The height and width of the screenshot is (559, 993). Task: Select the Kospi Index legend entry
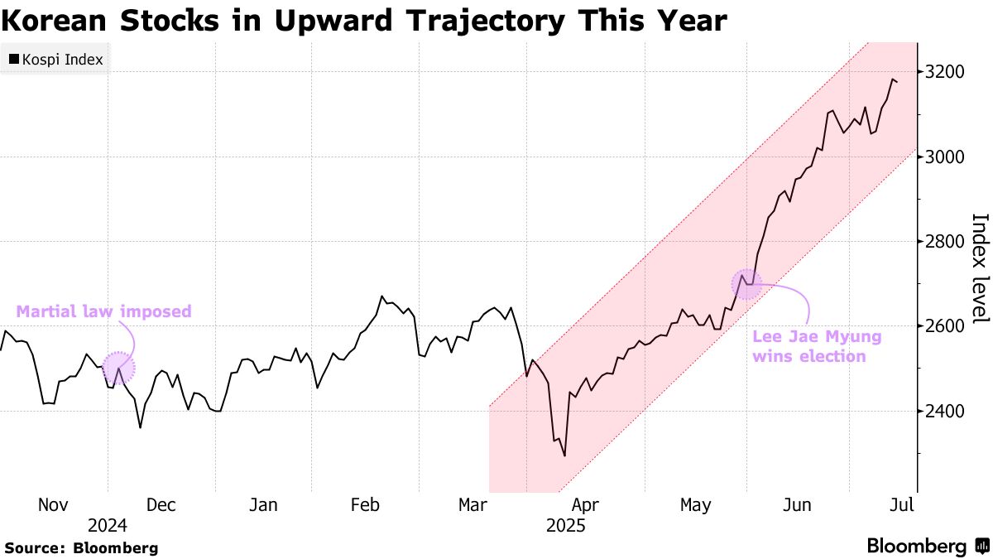click(55, 60)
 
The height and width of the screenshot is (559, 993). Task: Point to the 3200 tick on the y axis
click(945, 72)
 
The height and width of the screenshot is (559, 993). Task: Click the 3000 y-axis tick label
click(945, 157)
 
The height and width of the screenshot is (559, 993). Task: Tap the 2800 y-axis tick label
click(945, 242)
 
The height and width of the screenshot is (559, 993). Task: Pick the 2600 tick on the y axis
click(945, 326)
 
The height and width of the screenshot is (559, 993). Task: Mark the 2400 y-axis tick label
click(945, 412)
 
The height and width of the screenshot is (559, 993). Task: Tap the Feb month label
click(365, 505)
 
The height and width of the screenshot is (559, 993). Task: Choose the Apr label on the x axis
click(585, 505)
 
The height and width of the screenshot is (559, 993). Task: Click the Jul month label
click(902, 505)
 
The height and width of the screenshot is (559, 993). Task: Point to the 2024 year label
click(108, 526)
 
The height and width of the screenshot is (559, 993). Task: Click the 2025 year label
click(566, 526)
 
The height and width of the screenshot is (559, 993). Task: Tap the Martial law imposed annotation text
click(104, 312)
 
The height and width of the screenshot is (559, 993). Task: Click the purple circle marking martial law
click(118, 369)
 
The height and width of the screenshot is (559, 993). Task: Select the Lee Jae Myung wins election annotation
click(816, 347)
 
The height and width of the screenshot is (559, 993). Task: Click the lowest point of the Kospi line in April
click(564, 455)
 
